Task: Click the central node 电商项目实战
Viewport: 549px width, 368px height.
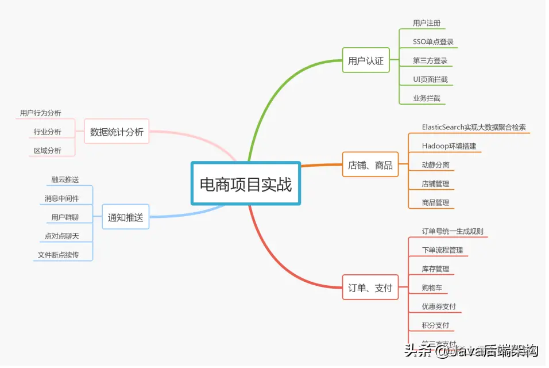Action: (246, 184)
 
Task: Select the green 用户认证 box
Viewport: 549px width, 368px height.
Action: (366, 60)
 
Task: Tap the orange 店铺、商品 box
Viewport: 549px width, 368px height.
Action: (370, 165)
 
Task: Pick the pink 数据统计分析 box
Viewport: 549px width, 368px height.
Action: (117, 132)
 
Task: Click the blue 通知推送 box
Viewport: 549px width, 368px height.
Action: (125, 217)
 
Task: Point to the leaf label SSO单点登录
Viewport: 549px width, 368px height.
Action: (433, 42)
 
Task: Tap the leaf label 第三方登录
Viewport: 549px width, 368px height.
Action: (430, 60)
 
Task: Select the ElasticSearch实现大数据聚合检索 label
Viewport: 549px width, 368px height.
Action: (474, 127)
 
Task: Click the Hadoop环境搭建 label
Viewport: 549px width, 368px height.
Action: (449, 146)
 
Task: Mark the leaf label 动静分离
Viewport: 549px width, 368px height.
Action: (435, 165)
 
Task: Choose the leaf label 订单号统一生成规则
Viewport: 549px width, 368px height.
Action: (453, 231)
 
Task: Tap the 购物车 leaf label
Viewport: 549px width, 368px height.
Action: (432, 287)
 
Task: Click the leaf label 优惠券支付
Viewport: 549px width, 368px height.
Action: (439, 306)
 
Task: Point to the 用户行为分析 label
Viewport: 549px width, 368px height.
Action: (40, 113)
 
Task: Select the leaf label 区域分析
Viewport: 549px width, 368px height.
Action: (47, 151)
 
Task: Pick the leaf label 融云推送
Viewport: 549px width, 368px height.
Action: (65, 179)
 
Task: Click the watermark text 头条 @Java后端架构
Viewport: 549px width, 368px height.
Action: (471, 350)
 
